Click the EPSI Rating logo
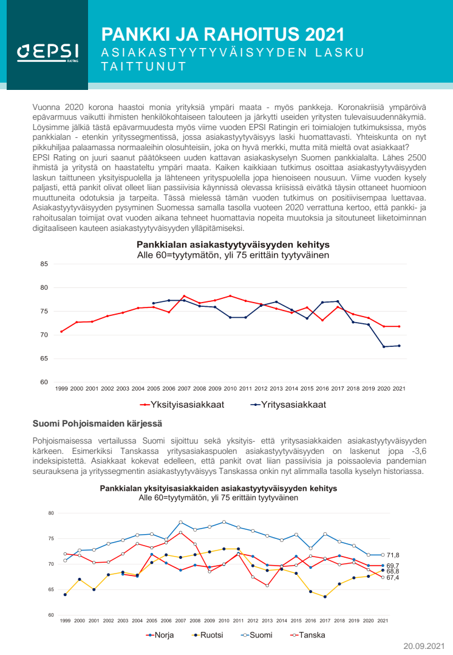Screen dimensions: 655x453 coord(44,53)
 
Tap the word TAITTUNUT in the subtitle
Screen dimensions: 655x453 coord(143,67)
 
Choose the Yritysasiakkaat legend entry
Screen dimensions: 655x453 coord(279,405)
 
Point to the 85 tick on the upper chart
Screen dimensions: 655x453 coord(44,264)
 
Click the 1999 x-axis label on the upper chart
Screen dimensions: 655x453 coord(61,388)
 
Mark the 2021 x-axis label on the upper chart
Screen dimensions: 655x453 coord(399,388)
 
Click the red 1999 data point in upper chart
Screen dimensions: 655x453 coord(61,331)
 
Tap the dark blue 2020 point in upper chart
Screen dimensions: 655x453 coord(383,346)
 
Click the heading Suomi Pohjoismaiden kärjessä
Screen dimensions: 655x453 coord(97,423)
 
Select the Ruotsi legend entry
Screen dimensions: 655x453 coord(206,635)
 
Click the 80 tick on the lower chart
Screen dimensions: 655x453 coord(51,513)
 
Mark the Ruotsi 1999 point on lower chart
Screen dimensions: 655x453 coord(65,594)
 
